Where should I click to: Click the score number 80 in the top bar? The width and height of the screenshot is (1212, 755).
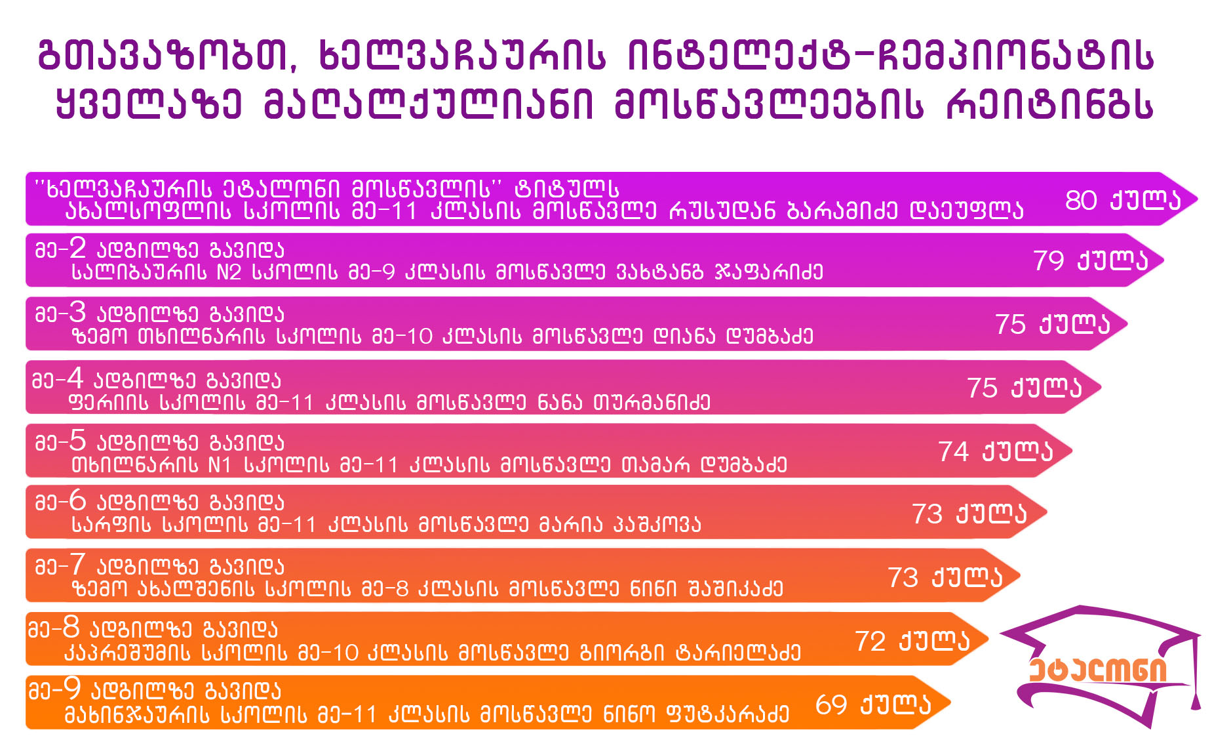pos(1081,200)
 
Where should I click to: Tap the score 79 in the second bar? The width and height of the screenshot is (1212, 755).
pos(1049,260)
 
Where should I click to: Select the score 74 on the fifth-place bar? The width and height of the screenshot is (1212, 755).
pos(953,451)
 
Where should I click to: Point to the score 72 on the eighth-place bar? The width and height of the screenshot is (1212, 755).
pos(870,641)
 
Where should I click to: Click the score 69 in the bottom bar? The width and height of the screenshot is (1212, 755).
pos(831,704)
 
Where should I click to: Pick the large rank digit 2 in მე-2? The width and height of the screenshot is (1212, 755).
pos(77,247)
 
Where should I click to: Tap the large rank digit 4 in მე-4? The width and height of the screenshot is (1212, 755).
pos(75,378)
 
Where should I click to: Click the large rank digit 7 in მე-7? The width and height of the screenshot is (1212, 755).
pos(77,564)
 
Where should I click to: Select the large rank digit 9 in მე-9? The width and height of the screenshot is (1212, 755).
pos(71,688)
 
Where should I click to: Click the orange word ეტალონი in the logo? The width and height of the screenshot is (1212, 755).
pos(1098,670)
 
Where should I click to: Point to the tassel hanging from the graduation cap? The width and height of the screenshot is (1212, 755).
pos(1195,676)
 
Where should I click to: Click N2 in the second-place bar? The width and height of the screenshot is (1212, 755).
pos(229,272)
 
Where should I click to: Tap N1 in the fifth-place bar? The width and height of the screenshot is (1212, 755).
pos(220,465)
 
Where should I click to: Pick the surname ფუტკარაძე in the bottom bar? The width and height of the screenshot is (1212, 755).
pos(728,714)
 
